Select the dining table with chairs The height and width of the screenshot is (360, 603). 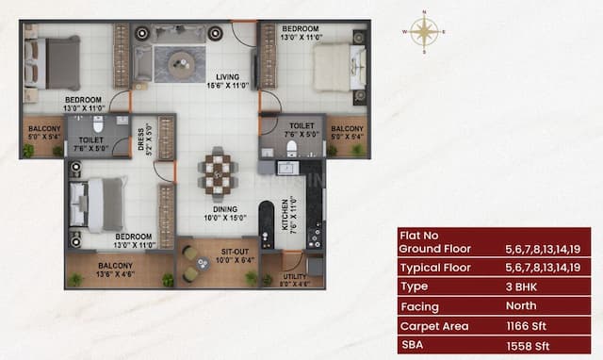coord(217,172)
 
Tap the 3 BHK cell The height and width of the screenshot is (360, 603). coord(521,286)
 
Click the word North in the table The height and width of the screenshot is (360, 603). coord(521,305)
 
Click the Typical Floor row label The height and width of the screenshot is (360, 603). coord(437,268)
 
